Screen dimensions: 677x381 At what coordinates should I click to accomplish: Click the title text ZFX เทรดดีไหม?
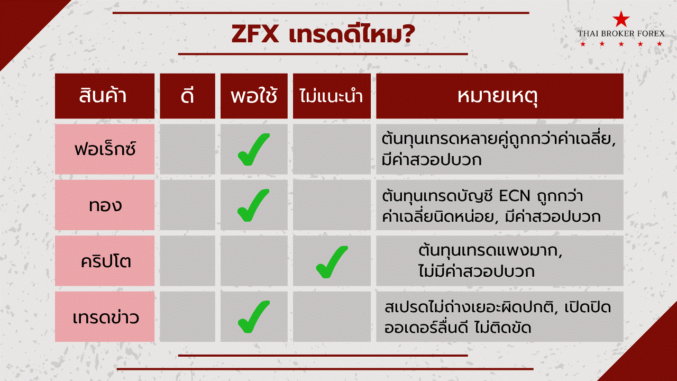(x=323, y=34)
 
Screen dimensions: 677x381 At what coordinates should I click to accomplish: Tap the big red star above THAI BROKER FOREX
(x=621, y=20)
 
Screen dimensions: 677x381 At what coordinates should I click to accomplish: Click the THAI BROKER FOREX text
(x=621, y=33)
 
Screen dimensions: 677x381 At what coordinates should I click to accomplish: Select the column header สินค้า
(x=103, y=96)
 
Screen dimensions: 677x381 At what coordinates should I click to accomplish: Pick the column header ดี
(x=187, y=96)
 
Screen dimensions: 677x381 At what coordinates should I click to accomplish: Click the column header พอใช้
(x=254, y=96)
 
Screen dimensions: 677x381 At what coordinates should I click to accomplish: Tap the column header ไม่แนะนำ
(x=331, y=96)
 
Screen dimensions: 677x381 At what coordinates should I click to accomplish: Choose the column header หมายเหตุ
(x=498, y=97)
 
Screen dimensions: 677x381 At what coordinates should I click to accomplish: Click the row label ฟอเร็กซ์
(x=105, y=149)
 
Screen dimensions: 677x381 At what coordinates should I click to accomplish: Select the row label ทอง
(x=105, y=206)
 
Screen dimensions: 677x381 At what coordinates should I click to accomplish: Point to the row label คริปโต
(x=106, y=261)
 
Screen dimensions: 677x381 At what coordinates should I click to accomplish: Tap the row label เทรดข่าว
(x=106, y=317)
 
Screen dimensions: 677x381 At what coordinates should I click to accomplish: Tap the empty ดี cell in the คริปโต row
(x=187, y=261)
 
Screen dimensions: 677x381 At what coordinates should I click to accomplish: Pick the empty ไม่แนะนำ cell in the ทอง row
(x=332, y=205)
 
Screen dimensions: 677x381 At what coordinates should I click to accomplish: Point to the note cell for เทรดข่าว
(x=500, y=316)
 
